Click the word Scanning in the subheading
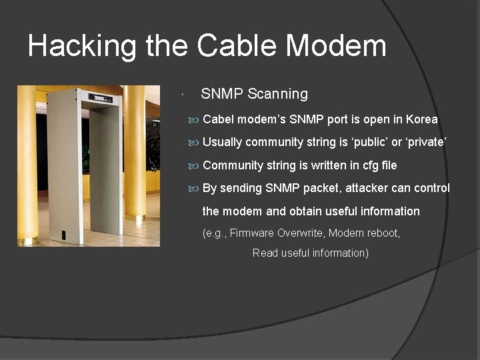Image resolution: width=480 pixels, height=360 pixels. [x=277, y=94]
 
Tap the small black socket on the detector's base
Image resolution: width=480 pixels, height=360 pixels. [x=64, y=235]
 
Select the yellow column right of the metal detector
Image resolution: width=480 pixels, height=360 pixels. [x=134, y=153]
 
